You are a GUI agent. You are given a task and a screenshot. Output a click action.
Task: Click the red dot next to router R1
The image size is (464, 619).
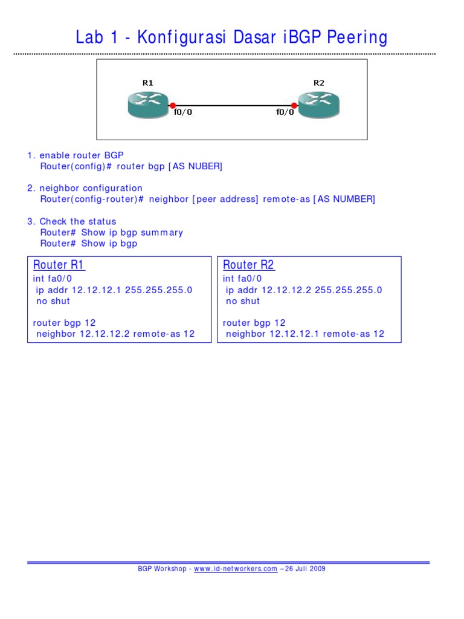click(x=172, y=105)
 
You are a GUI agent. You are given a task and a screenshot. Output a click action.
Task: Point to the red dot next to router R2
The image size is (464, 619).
click(x=294, y=105)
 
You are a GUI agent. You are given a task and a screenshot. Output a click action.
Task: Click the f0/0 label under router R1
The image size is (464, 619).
click(x=183, y=112)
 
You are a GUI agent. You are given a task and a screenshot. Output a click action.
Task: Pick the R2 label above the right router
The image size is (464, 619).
click(x=319, y=83)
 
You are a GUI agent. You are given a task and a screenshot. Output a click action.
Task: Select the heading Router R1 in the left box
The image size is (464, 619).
click(x=59, y=265)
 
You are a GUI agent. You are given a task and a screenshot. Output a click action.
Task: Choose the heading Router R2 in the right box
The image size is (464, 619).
click(x=248, y=265)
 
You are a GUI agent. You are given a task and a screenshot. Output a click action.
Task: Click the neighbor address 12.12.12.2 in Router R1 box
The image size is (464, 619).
click(x=105, y=334)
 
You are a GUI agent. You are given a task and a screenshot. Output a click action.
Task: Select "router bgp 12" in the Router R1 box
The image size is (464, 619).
click(x=64, y=323)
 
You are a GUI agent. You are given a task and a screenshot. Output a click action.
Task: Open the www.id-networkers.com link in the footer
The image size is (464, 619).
click(x=236, y=569)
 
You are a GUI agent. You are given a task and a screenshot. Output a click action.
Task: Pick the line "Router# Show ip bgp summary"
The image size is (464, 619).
click(x=112, y=233)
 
